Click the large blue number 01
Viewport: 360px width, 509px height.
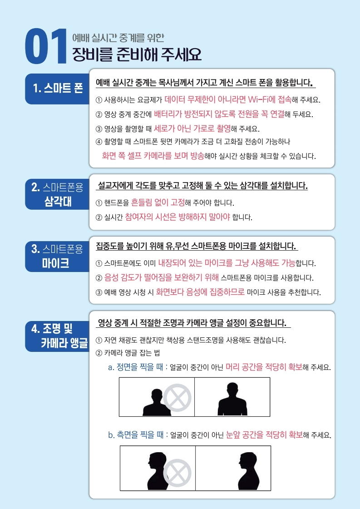(46, 46)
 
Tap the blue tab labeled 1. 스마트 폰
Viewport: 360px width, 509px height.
(58, 89)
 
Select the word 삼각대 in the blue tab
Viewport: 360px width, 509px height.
(58, 202)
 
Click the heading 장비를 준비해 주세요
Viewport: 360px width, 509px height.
(137, 54)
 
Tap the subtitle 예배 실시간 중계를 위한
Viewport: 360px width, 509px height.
(118, 38)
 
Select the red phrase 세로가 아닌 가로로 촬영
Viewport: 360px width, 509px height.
(192, 128)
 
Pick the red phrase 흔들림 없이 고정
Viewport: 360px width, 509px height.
(158, 203)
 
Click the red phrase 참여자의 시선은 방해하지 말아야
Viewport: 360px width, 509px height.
(177, 217)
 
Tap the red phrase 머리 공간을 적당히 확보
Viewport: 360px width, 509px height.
(264, 367)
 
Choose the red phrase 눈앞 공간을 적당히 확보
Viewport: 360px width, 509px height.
(264, 435)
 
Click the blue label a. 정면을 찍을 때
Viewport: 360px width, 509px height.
(136, 367)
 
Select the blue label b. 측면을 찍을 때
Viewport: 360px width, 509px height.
(136, 435)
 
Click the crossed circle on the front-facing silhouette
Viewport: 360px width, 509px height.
(177, 398)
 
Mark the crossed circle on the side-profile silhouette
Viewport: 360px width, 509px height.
(177, 473)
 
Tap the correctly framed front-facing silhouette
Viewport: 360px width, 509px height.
(232, 399)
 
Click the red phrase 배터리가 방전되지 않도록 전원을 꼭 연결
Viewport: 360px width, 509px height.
(219, 114)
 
